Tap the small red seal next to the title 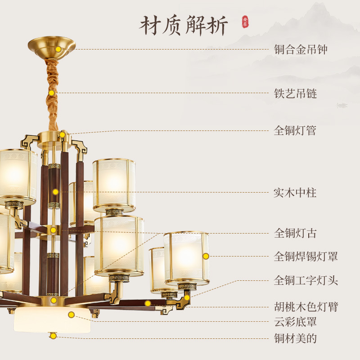245,22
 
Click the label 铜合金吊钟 301,49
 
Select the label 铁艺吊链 296,93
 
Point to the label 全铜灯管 295,130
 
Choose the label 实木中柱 295,193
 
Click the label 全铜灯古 295,233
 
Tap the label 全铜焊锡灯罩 306,256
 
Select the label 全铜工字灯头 306,281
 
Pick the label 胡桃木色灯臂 306,307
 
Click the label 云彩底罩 295,322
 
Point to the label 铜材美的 295,338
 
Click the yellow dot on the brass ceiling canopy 58,49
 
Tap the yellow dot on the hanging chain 52,93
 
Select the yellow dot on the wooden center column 55,192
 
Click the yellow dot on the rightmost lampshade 206,256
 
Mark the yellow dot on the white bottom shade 71,315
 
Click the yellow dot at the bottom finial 53,336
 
